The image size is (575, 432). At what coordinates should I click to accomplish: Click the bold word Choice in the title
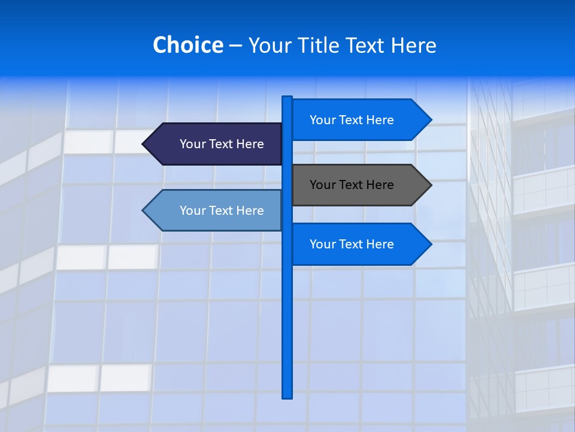pyautogui.click(x=187, y=45)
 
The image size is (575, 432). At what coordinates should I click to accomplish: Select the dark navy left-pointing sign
pyautogui.click(x=216, y=144)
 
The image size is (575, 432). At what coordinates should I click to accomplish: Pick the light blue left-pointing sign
pyautogui.click(x=216, y=210)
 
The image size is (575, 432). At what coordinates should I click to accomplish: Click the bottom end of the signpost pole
pyautogui.click(x=287, y=396)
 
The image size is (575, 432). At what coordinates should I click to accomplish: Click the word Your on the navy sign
pyautogui.click(x=192, y=144)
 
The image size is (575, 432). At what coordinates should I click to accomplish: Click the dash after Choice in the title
pyautogui.click(x=235, y=46)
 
